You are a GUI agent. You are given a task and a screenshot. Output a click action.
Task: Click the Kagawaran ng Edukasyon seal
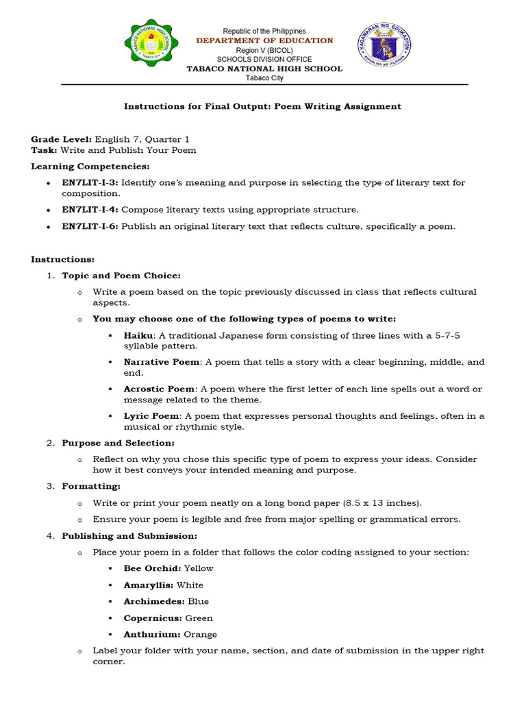click(384, 48)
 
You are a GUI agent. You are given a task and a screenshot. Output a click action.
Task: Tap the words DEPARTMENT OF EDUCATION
click(264, 41)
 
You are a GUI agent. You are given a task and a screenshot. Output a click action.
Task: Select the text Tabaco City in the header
click(264, 78)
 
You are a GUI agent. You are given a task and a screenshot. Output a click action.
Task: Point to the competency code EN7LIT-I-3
click(90, 183)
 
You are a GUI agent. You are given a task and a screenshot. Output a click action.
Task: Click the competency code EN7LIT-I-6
click(90, 227)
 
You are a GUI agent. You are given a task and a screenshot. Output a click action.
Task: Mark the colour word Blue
click(199, 602)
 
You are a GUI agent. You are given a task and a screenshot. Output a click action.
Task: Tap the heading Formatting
click(90, 486)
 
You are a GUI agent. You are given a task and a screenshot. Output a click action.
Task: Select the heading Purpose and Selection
click(118, 443)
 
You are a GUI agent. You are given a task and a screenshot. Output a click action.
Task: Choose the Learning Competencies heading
click(90, 167)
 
